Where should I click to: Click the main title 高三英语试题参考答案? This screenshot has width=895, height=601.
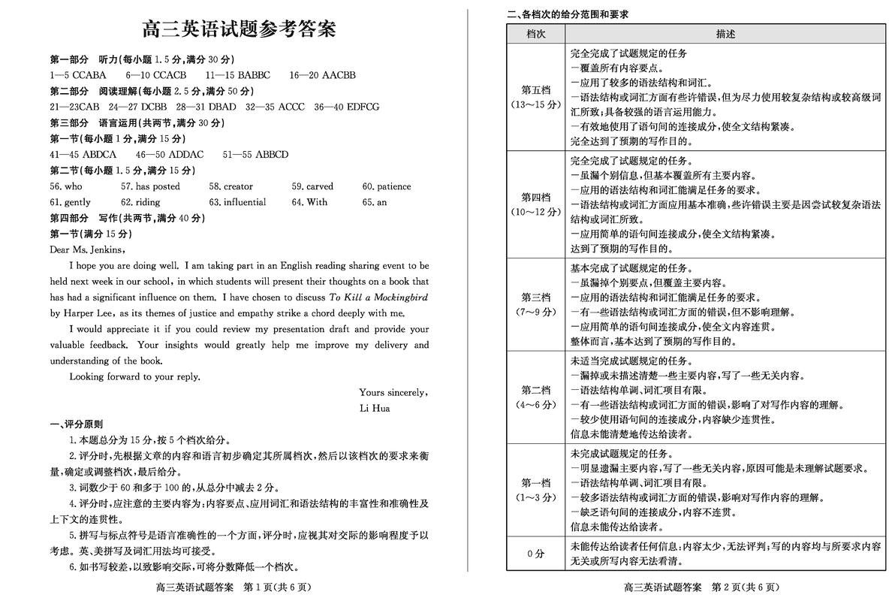click(240, 29)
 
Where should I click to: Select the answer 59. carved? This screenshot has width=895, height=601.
click(312, 186)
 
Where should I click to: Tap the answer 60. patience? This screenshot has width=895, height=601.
click(386, 186)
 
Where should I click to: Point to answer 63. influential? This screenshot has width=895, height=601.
click(237, 202)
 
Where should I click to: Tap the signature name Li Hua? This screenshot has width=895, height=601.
click(375, 409)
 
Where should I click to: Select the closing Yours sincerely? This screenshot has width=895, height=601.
click(393, 392)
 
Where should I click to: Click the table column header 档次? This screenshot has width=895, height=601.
click(535, 35)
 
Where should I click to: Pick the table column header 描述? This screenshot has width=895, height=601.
click(725, 35)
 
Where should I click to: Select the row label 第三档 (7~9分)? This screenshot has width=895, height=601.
click(535, 304)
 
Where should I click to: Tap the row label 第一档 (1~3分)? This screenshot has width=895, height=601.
click(535, 490)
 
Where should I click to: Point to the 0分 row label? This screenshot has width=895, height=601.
click(535, 554)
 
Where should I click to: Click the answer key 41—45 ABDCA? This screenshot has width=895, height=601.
click(83, 155)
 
